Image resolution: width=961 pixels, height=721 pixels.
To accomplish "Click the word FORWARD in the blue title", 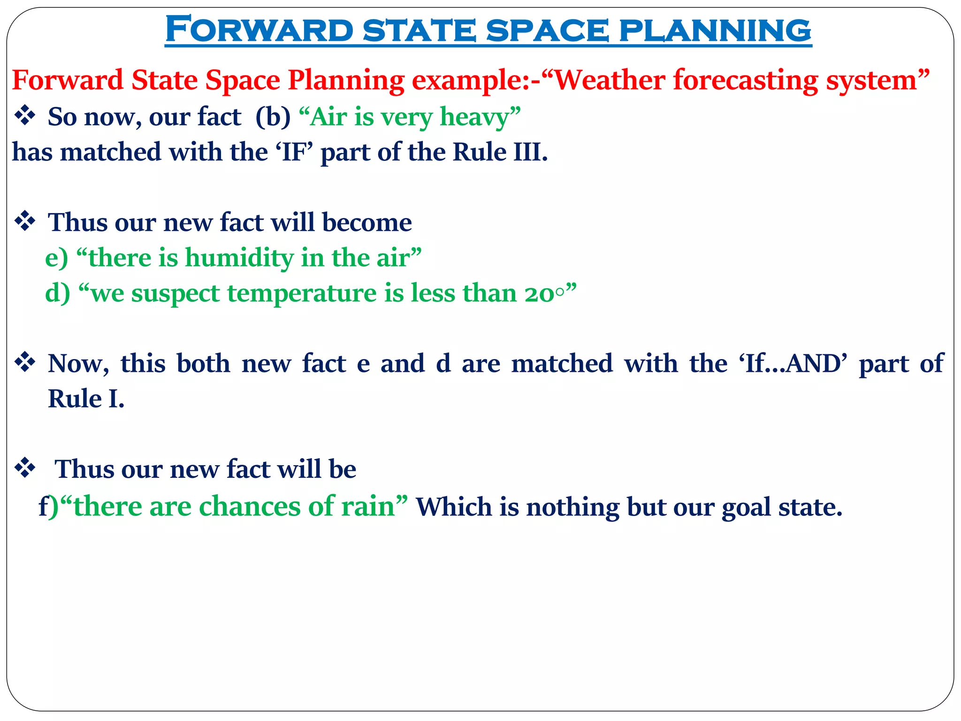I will click(259, 30).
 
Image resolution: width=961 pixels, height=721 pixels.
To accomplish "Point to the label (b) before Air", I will click(273, 117).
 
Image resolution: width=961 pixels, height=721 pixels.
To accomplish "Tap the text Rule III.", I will click(500, 152).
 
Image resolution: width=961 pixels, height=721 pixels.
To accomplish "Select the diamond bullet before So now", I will click(25, 115).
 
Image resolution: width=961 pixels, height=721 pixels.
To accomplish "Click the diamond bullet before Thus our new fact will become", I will click(25, 221).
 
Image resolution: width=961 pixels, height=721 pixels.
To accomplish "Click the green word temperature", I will click(302, 293).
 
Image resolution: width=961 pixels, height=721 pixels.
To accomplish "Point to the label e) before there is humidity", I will click(57, 258).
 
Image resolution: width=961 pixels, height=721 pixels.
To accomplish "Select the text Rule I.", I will click(86, 399).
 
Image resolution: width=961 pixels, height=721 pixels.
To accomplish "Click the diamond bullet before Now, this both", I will click(25, 362).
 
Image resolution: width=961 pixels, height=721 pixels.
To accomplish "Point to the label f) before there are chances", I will click(48, 506).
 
